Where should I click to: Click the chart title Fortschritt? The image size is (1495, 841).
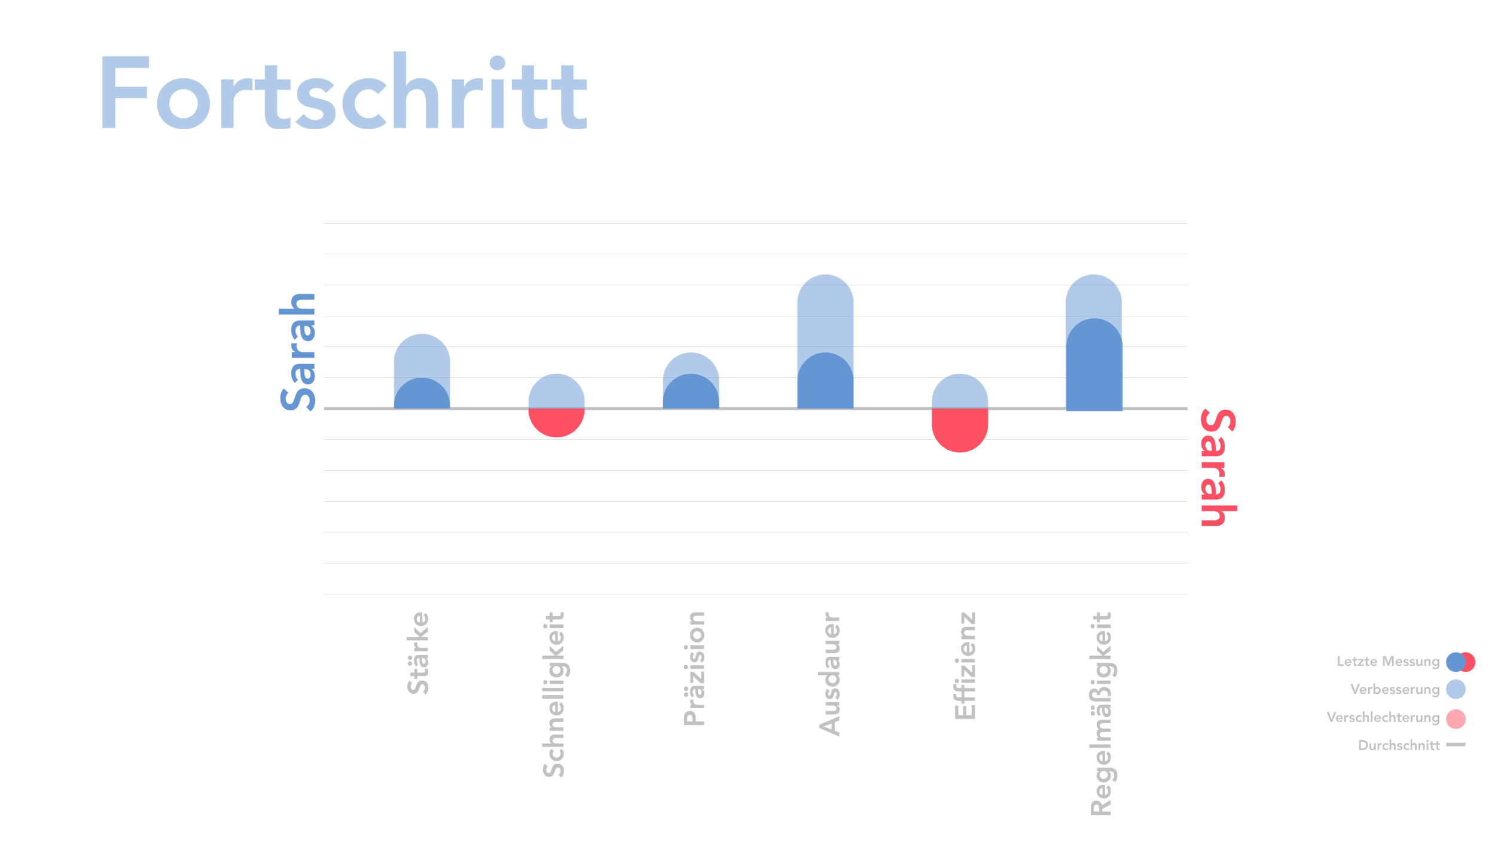click(344, 93)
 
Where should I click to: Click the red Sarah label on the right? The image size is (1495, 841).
click(1218, 467)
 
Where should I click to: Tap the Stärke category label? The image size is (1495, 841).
click(419, 653)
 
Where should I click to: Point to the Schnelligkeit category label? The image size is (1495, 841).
click(554, 694)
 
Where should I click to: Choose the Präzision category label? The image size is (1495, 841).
click(694, 669)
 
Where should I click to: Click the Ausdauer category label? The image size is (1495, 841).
click(830, 674)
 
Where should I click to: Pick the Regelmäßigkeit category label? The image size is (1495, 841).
click(1101, 714)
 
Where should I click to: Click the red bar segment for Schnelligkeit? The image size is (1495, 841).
click(556, 422)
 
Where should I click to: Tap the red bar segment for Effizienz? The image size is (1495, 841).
click(960, 429)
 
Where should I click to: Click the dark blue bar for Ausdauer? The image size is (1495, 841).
click(825, 383)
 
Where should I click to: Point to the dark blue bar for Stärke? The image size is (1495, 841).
click(422, 395)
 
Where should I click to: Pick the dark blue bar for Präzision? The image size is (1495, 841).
click(691, 393)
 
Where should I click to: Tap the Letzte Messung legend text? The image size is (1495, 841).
click(1388, 662)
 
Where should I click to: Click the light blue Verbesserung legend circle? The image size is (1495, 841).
click(1456, 689)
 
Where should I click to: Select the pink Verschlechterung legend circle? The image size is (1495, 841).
click(1456, 718)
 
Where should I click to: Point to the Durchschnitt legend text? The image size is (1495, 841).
click(1399, 745)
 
